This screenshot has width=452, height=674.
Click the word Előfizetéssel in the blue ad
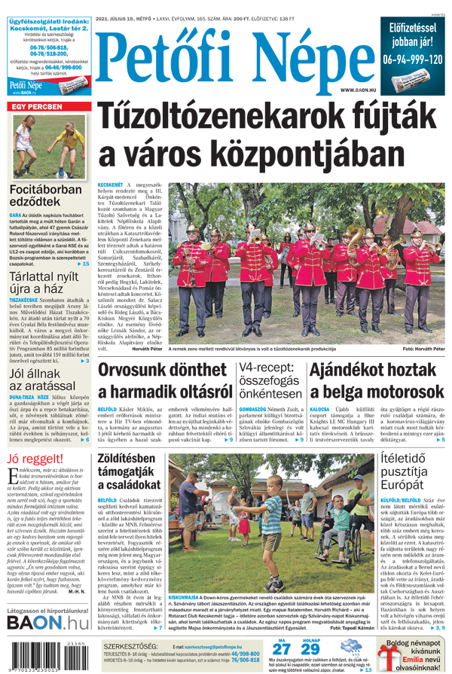coord(413,28)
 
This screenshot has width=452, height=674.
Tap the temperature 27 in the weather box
coord(280,649)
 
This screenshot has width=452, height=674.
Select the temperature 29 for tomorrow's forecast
coord(310,649)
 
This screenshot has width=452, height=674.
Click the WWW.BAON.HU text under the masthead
coord(357,90)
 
